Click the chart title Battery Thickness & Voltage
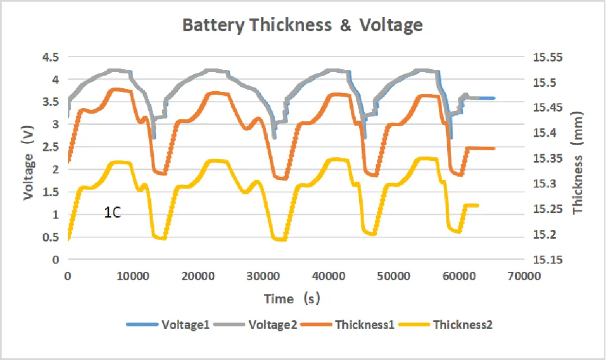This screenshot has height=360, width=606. pos(302,25)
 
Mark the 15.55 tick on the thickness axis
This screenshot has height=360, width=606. pos(547,57)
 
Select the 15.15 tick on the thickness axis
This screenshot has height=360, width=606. pos(547,260)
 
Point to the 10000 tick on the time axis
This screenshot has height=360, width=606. pos(132,276)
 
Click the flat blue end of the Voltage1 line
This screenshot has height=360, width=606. pos(488,98)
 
